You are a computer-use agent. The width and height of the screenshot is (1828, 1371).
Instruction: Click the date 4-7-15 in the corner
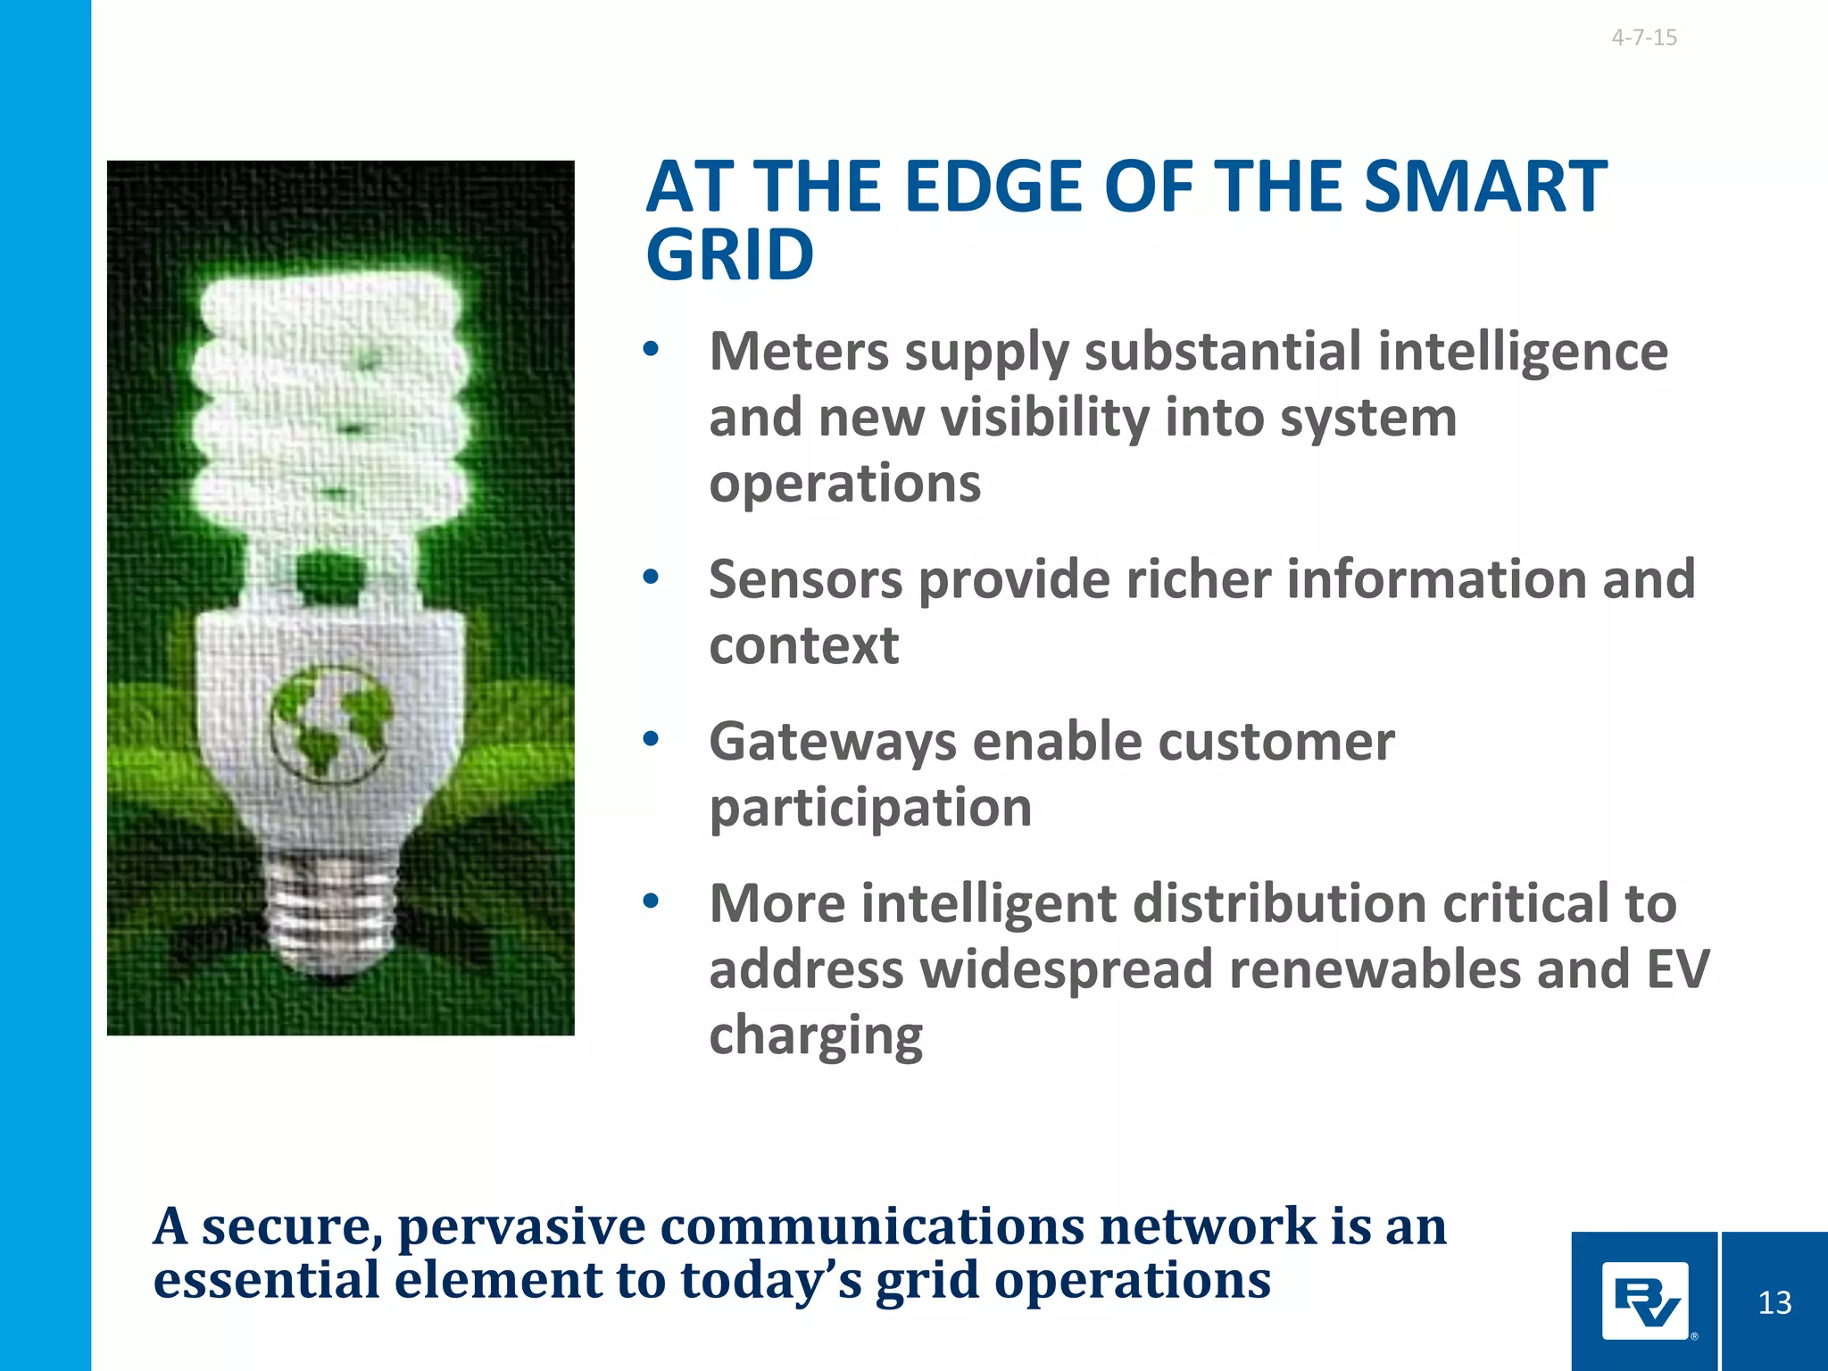pos(1643,37)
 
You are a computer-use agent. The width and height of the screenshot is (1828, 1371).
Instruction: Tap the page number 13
pos(1774,1303)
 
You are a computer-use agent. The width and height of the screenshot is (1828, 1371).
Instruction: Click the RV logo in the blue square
pos(1645,1302)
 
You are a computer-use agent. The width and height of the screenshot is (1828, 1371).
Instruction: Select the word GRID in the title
pos(729,256)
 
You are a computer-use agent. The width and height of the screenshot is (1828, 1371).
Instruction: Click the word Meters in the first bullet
pos(799,352)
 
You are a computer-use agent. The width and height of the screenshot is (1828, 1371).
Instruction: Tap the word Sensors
pos(805,580)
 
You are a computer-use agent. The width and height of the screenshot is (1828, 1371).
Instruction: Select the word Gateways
pos(832,743)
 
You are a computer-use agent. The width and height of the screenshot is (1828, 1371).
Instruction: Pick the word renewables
pos(1374,969)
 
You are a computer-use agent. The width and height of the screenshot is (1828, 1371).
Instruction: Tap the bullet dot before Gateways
pos(651,739)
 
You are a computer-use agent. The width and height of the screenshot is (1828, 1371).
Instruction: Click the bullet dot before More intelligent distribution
pos(651,902)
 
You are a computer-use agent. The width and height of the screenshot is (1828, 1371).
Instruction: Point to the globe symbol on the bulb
pos(330,721)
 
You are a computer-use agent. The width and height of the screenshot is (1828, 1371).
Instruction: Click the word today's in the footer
pos(770,1281)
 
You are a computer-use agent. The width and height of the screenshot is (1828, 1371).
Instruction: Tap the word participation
pos(870,809)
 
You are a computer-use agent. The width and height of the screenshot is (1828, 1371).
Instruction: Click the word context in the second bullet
pos(803,646)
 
